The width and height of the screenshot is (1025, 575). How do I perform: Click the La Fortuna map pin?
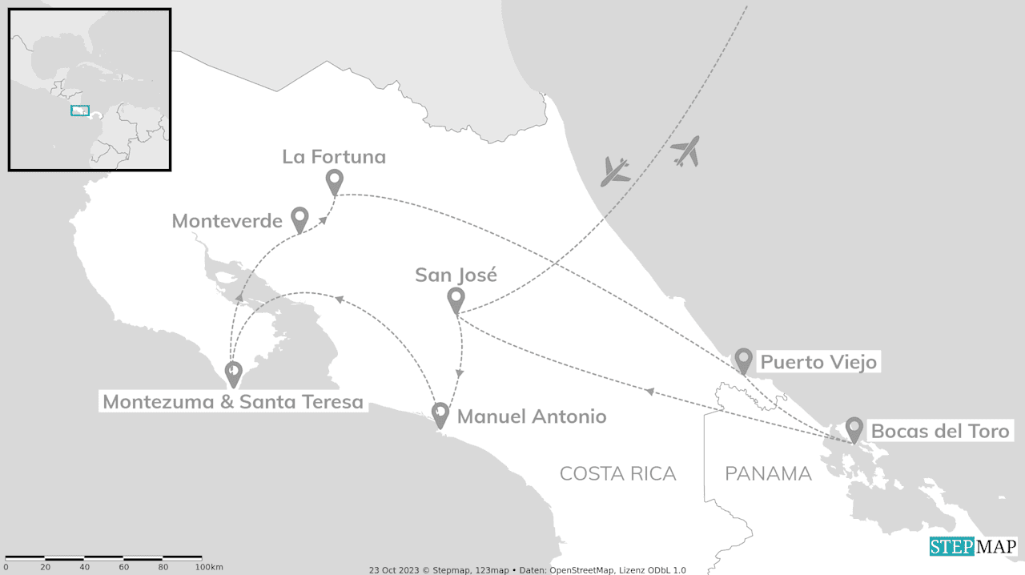pyautogui.click(x=335, y=181)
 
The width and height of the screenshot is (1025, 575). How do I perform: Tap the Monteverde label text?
pyautogui.click(x=227, y=220)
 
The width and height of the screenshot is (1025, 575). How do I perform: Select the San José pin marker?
pyautogui.click(x=456, y=300)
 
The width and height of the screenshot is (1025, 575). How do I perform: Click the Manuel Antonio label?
pyautogui.click(x=532, y=416)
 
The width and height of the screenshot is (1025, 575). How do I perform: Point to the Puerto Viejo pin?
pyautogui.click(x=743, y=360)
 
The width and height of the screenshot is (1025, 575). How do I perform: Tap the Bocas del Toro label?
pyautogui.click(x=940, y=432)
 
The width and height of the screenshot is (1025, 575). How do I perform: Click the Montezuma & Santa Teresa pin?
pyautogui.click(x=233, y=372)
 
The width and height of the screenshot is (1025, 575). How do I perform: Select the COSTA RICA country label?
pyautogui.click(x=617, y=474)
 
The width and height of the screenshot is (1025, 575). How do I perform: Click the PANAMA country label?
pyautogui.click(x=768, y=474)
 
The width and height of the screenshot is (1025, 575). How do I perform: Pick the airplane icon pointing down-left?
pyautogui.click(x=615, y=171)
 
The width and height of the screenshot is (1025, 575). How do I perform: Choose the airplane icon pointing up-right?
pyautogui.click(x=686, y=151)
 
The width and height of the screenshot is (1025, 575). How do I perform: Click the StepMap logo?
pyautogui.click(x=973, y=547)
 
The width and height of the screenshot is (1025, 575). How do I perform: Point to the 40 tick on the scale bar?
pyautogui.click(x=84, y=567)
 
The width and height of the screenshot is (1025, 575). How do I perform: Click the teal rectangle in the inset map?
pyautogui.click(x=79, y=111)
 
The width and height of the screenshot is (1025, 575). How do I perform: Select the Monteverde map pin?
pyautogui.click(x=299, y=218)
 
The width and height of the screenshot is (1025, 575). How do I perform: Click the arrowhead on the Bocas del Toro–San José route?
pyautogui.click(x=650, y=391)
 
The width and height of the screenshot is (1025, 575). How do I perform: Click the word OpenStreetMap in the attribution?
pyautogui.click(x=581, y=570)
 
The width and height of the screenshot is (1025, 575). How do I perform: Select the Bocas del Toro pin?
pyautogui.click(x=854, y=428)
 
